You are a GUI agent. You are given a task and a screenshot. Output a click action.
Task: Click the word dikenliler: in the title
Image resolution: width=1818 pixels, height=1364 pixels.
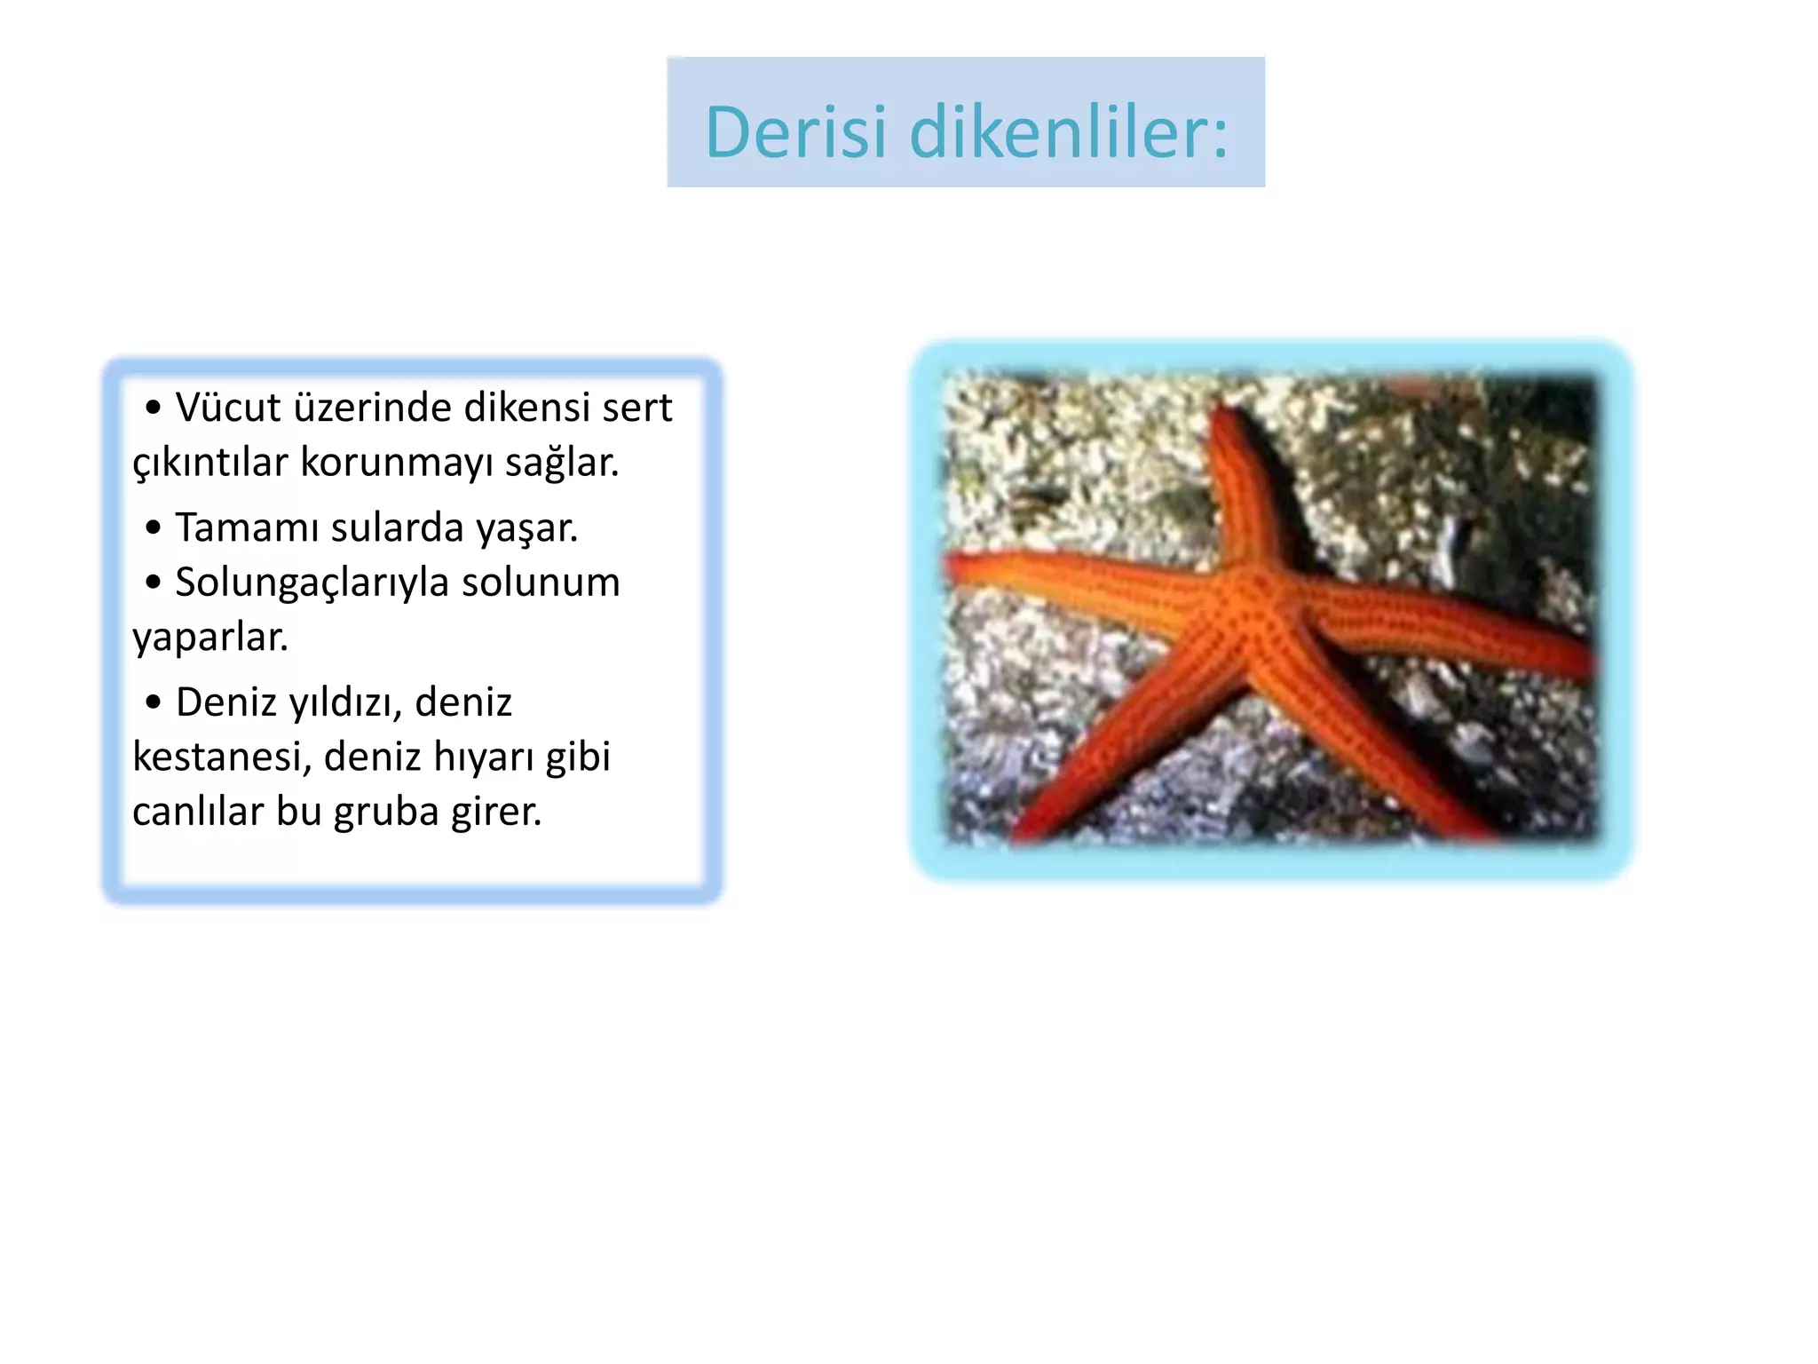coord(1069,133)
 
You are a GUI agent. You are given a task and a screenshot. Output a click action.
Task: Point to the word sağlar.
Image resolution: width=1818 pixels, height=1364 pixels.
coord(561,463)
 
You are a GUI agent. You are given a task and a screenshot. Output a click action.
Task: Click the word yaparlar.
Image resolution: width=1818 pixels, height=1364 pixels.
coord(210,638)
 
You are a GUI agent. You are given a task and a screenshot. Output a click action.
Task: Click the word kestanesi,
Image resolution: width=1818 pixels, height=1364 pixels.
coord(221,757)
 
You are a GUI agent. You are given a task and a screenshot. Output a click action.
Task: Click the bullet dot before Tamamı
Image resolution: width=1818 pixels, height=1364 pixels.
coord(154,527)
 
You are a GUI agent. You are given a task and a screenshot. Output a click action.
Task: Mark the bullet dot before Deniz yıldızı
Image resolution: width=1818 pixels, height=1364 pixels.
coord(154,702)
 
